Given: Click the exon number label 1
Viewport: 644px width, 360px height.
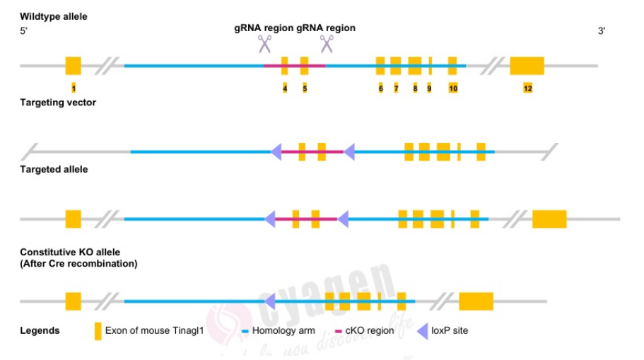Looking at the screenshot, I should click(74, 88).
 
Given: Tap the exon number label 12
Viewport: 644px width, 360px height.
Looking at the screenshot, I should click(527, 88).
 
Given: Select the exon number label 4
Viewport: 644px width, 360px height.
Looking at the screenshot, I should click(285, 88).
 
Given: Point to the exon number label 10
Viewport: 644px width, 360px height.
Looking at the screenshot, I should click(452, 88).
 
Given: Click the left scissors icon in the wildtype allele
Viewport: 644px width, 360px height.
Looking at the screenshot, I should click(264, 44).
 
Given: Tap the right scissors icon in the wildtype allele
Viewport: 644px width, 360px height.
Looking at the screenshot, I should click(327, 44).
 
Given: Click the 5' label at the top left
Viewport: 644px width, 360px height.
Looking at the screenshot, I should click(24, 31).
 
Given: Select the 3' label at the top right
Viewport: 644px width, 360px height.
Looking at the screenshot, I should click(602, 31).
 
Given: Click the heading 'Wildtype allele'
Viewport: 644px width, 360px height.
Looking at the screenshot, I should click(54, 16).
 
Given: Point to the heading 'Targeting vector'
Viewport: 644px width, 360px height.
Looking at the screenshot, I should click(58, 103).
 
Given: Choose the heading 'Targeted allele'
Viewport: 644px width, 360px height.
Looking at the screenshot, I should click(54, 170).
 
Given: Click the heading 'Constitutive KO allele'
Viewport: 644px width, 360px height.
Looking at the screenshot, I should click(70, 252).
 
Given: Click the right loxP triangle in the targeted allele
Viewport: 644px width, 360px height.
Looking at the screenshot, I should click(343, 219).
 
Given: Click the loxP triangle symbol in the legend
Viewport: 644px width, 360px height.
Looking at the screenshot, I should click(423, 331).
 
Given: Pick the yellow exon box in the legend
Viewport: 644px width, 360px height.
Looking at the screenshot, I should click(98, 331).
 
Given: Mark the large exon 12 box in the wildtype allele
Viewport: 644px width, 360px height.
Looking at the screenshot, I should click(527, 66).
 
